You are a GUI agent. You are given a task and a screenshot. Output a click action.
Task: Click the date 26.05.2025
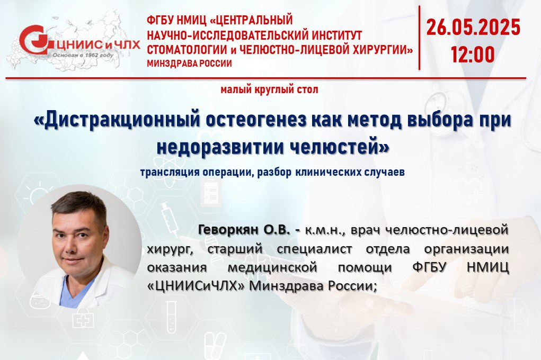point(473,28)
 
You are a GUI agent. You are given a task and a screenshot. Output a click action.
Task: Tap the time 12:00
point(473,55)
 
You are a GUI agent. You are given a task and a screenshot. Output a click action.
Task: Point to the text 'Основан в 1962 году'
point(83,55)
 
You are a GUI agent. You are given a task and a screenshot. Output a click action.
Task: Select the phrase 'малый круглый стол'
point(269,90)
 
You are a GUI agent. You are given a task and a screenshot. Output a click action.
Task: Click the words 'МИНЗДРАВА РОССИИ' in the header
point(189,64)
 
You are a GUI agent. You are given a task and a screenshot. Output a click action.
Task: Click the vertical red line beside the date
point(420,38)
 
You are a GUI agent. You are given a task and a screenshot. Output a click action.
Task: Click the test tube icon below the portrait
point(172,317)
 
